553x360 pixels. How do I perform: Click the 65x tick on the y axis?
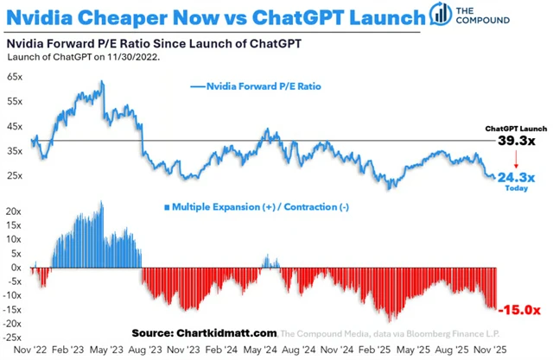pos(15,77)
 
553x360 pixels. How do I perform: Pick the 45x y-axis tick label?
pos(15,126)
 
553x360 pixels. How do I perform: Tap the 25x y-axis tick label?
pos(15,176)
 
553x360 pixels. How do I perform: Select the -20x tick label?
pos(13,324)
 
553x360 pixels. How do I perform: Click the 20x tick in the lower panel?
pos(15,211)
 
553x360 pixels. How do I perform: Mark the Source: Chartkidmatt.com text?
pos(206,332)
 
